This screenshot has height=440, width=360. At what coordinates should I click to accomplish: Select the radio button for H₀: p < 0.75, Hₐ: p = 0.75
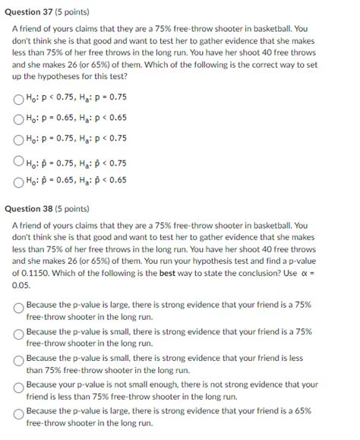pos(18,98)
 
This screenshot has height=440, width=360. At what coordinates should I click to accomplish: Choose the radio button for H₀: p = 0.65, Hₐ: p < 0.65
pos(18,118)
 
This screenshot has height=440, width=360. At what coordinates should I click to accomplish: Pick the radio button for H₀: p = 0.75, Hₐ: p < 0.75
pos(18,138)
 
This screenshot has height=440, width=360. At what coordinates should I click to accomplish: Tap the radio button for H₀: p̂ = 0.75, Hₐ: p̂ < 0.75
pos(18,161)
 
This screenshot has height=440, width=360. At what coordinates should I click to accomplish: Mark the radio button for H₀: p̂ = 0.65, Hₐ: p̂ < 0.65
pos(18,181)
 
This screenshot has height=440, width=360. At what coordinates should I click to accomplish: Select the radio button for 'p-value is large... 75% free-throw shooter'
pos(18,309)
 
